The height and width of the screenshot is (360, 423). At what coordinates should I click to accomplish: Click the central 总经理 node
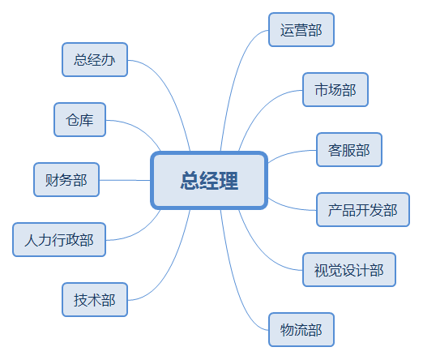pos(209,180)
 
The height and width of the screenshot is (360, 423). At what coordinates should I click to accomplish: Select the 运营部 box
pos(301,29)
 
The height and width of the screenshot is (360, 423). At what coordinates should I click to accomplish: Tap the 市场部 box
pos(335,89)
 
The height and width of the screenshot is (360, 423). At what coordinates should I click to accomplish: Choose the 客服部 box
pos(349,149)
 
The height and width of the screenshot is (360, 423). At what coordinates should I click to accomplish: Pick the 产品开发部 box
pos(363,209)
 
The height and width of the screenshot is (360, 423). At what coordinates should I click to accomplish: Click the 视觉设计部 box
pos(349,269)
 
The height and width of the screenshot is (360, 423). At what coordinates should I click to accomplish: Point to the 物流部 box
pos(301,329)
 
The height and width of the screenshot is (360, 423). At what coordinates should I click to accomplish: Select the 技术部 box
pos(95,299)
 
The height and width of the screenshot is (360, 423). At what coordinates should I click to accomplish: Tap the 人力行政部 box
pos(59,239)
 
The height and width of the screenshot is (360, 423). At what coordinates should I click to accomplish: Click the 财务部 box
pos(66,179)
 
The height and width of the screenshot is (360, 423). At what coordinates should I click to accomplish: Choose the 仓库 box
pos(79,119)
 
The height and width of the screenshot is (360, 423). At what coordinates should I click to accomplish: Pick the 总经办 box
pos(95,59)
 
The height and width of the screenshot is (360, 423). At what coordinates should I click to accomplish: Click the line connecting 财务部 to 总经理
pos(125,180)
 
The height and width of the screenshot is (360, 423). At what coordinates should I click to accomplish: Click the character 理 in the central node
pos(229,181)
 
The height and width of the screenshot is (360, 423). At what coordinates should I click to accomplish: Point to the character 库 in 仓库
pos(87,120)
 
